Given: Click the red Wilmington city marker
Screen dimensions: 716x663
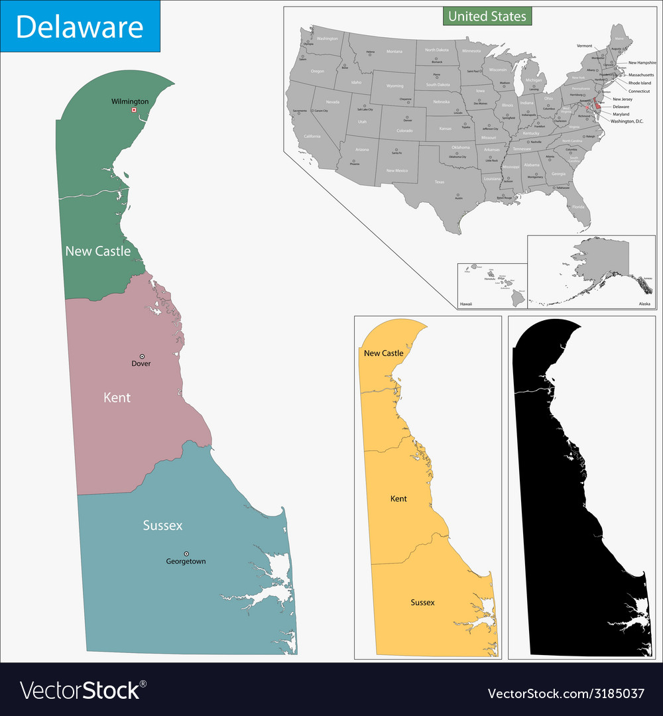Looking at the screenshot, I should pos(133,110).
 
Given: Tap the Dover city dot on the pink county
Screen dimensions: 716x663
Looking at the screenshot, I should pos(141,356).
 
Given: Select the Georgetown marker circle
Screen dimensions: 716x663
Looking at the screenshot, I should pos(186,554).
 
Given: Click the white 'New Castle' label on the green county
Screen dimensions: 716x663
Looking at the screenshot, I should pos(97,251).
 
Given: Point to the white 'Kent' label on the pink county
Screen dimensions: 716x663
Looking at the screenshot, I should pos(117,398).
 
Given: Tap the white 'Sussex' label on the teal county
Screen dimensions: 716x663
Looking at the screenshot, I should pos(162,526).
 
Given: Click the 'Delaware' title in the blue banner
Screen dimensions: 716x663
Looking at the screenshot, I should pos(80,27).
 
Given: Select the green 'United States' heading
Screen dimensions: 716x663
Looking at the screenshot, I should pos(487,16).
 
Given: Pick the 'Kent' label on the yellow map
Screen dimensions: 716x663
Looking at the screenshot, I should pos(398,499).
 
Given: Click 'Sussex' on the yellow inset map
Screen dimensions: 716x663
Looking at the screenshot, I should pos(422,603).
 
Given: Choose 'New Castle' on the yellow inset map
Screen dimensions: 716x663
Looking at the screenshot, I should pos(383,353).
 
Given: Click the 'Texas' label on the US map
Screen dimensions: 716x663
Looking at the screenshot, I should pos(440,182).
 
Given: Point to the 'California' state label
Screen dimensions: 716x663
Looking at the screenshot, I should pos(312,136).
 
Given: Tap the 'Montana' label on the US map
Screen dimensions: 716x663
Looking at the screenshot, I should pos(394,51).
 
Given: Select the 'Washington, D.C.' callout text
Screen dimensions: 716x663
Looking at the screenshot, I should pos(627,121).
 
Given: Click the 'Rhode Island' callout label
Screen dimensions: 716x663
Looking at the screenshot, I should pos(640,83).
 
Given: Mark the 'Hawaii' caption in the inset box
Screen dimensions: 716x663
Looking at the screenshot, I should pos(467,304).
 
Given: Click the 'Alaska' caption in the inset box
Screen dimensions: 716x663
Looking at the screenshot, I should pos(644,304).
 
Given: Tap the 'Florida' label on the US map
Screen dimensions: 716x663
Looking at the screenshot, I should pos(579,207).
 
